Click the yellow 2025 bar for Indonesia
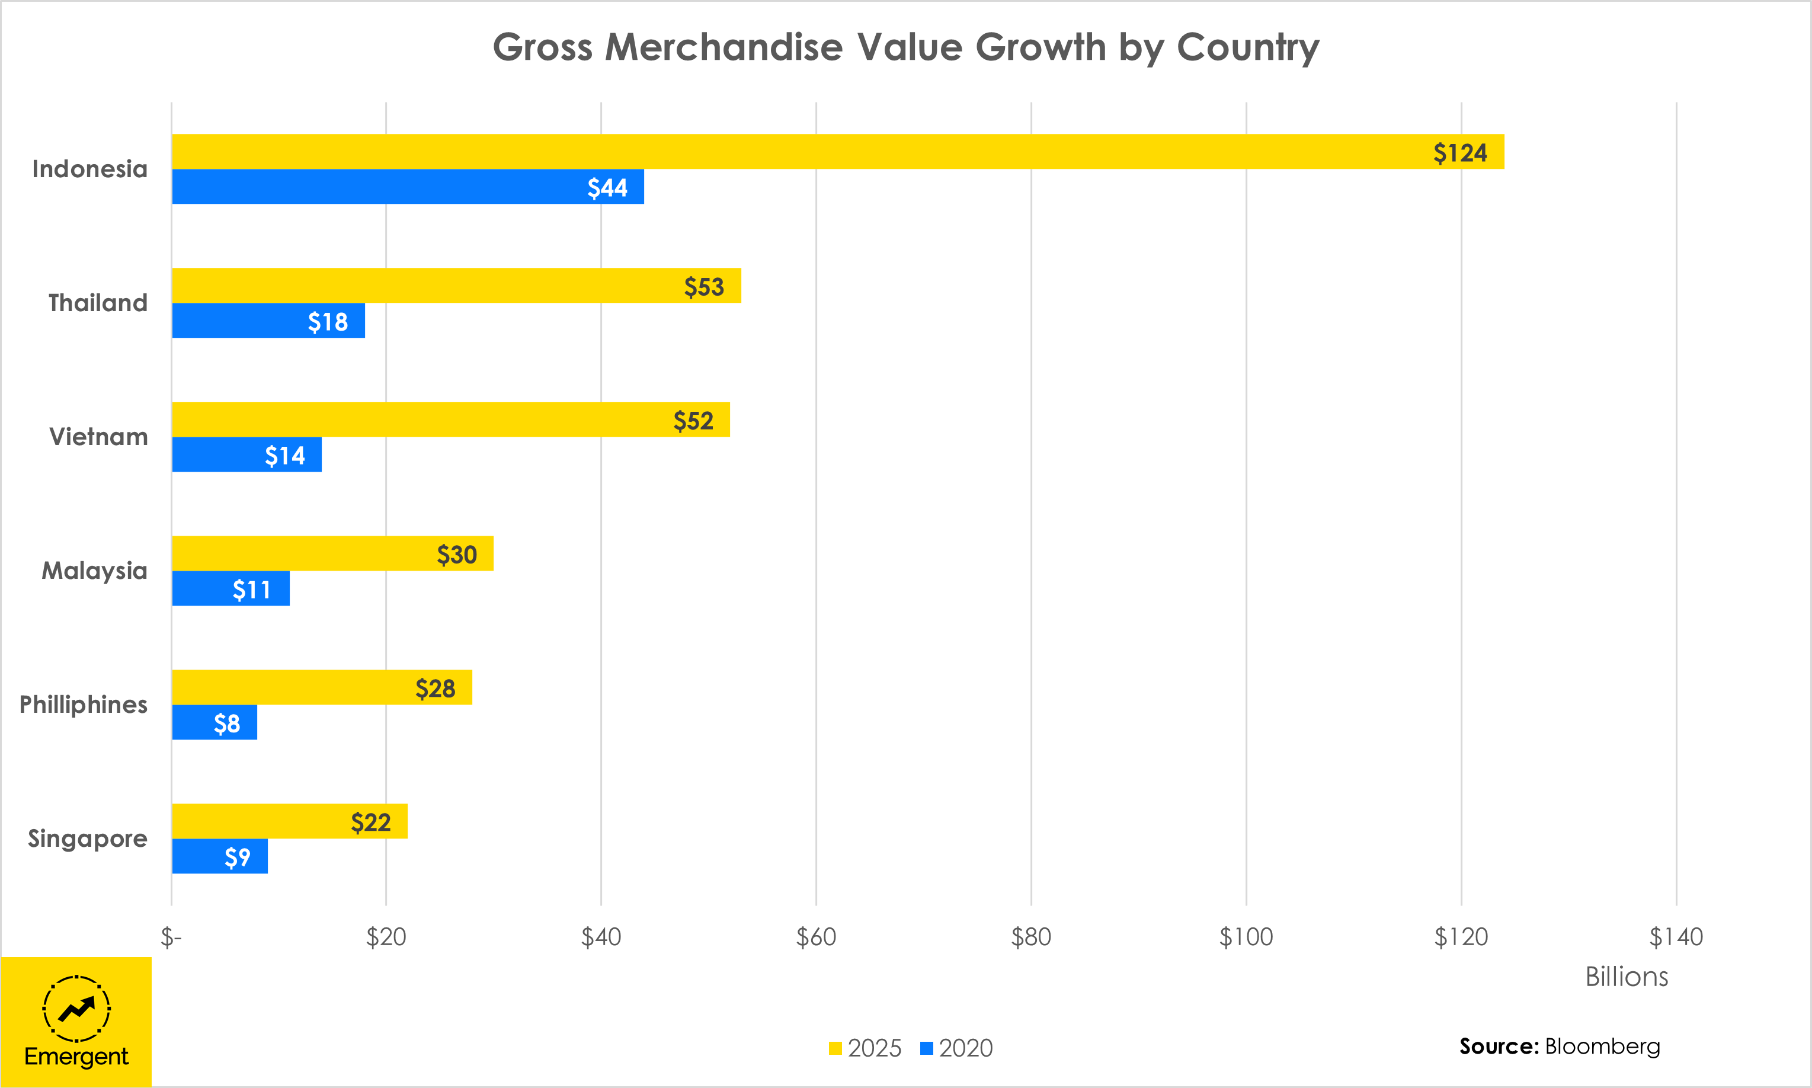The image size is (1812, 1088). tap(838, 152)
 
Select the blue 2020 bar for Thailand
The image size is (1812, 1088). tap(268, 321)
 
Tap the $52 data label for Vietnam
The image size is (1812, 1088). tap(693, 421)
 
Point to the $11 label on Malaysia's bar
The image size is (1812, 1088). tap(251, 590)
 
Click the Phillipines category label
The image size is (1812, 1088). tap(84, 705)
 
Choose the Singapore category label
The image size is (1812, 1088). tap(87, 838)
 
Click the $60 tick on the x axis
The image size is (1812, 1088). tap(816, 937)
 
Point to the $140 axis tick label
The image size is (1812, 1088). tap(1676, 937)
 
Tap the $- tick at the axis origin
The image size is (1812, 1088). tap(171, 937)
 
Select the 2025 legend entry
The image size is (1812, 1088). tap(865, 1048)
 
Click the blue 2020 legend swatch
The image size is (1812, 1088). tap(927, 1048)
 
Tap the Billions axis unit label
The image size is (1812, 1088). tap(1627, 977)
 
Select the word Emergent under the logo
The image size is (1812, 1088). tap(76, 1057)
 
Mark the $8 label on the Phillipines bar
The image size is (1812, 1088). tap(226, 724)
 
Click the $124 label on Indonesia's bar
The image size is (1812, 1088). tap(1460, 153)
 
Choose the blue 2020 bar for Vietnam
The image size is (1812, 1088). tap(247, 455)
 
